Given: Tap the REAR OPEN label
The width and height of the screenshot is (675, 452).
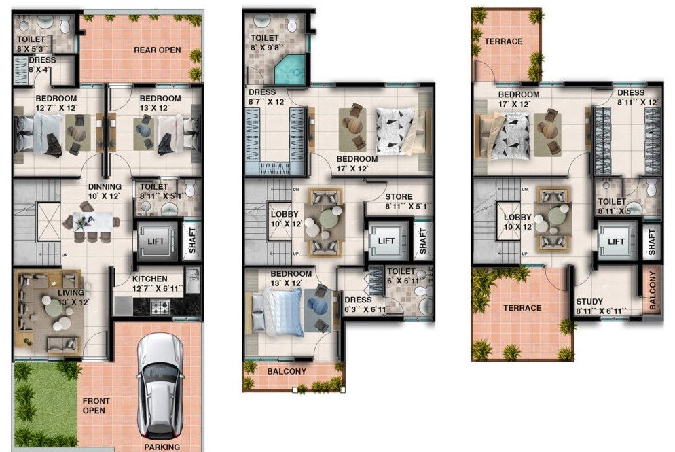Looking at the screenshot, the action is click(157, 50).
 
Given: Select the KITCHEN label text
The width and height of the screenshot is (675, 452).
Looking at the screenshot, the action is click(150, 279).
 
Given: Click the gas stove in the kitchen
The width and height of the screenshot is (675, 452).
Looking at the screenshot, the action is click(160, 307).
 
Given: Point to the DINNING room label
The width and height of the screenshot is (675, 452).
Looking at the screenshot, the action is click(105, 186).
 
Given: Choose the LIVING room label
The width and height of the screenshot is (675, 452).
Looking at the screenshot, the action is click(71, 292).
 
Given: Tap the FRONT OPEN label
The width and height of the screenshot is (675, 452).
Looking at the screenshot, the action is click(96, 406).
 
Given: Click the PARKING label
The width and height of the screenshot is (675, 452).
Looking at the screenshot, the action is click(162, 447).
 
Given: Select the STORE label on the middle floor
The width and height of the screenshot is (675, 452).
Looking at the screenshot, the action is click(399, 197).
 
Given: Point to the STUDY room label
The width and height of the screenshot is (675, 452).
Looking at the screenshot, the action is click(589, 302).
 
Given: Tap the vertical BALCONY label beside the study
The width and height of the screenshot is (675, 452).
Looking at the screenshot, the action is click(653, 290).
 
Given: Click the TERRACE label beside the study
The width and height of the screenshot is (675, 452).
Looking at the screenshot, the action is click(522, 308).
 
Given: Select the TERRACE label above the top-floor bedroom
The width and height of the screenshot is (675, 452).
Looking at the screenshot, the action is click(504, 41).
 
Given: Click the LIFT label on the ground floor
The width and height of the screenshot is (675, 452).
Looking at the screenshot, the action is click(156, 241).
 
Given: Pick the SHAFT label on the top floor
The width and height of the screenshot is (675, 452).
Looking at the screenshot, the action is click(652, 242).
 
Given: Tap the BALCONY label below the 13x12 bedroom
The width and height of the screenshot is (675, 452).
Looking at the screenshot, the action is click(287, 371).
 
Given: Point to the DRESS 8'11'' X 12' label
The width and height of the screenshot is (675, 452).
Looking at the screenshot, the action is click(638, 97).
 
